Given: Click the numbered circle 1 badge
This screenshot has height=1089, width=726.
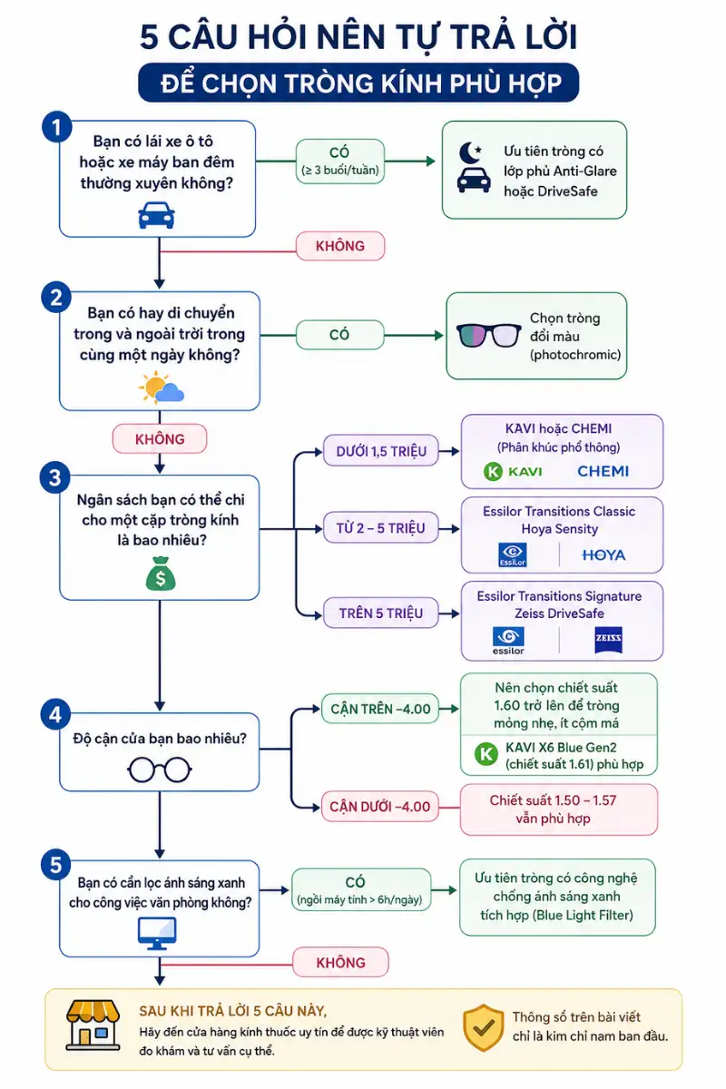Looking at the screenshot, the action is click(x=57, y=127).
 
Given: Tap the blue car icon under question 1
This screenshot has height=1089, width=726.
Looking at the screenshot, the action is click(x=157, y=215).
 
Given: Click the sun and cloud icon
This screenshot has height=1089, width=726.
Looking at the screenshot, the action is click(x=161, y=388).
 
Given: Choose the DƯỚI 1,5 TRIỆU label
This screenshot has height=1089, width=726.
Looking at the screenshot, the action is click(x=381, y=451).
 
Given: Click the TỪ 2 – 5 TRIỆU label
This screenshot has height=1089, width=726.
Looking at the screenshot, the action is click(x=381, y=527).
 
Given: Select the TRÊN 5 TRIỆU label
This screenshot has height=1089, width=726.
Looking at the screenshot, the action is click(x=381, y=613).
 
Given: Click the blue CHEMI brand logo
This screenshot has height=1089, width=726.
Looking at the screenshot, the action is click(x=603, y=471).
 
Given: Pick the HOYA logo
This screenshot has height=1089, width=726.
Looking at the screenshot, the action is click(x=603, y=554).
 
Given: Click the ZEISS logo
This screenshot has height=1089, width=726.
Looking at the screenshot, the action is click(x=608, y=639).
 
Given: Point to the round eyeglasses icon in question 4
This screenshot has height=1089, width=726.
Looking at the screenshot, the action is click(x=160, y=770).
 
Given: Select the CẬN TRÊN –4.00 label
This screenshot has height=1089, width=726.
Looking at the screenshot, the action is click(x=380, y=709).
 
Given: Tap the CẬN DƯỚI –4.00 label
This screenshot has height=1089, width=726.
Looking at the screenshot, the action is click(x=379, y=807).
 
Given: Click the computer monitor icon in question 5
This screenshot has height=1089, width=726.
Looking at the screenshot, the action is click(x=157, y=934).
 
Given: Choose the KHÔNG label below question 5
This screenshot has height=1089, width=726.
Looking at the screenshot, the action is click(x=340, y=962).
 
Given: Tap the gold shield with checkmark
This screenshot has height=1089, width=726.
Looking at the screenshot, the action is click(x=484, y=1027).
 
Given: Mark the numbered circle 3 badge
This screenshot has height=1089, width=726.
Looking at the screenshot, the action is click(x=55, y=477).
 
